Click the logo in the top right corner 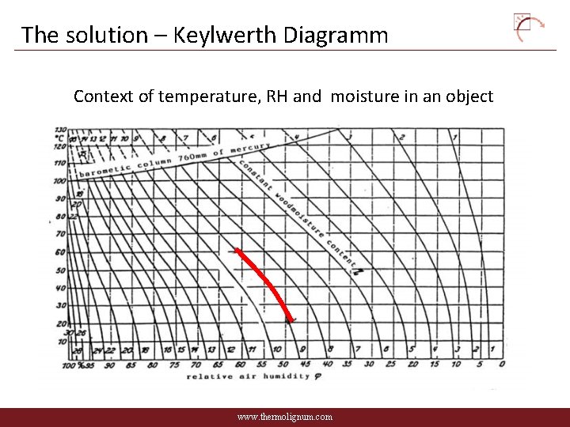click(529, 27)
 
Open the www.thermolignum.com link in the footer click(285, 417)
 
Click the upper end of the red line click(237, 251)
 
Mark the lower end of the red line click(291, 319)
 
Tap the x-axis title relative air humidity click(248, 377)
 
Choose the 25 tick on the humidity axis click(391, 365)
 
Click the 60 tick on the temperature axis click(60, 252)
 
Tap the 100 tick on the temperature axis click(59, 180)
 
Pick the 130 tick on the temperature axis click(60, 129)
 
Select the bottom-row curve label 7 click(357, 349)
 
